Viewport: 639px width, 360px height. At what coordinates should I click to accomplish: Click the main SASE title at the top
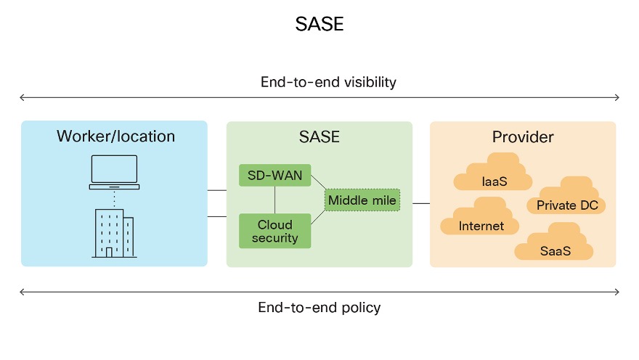coord(319,25)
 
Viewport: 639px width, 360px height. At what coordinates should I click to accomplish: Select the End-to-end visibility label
coord(328,82)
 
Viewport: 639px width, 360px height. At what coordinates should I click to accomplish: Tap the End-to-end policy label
coord(319,308)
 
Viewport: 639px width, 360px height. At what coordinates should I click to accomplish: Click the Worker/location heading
coord(115,136)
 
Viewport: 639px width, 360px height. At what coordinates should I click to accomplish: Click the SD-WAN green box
coord(274,175)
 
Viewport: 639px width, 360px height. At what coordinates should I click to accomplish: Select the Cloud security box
coord(274,232)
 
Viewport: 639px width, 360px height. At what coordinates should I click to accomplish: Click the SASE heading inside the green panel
coord(319,136)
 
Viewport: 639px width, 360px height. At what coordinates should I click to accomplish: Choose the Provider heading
coord(523,136)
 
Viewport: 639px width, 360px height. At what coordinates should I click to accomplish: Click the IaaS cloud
coord(493,176)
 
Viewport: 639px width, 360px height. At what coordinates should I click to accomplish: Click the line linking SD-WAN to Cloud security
coord(274,200)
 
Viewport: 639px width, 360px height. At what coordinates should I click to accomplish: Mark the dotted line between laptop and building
coord(114,198)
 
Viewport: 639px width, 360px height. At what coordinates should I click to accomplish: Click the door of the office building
coord(109,252)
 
